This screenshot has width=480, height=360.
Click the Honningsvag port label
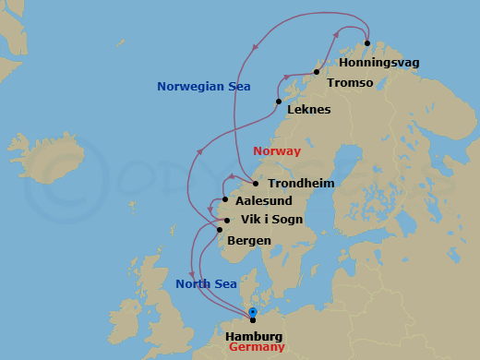click(x=378, y=62)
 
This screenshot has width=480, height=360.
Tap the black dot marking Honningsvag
click(x=366, y=42)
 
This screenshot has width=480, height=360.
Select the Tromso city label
click(x=350, y=83)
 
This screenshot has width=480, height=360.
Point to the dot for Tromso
click(x=317, y=72)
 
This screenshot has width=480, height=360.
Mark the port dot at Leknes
click(x=279, y=102)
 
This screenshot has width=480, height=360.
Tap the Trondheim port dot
click(x=256, y=184)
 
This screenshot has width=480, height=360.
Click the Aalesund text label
click(x=265, y=200)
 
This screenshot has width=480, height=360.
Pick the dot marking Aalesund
click(x=224, y=198)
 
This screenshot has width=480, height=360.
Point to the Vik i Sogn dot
click(x=227, y=221)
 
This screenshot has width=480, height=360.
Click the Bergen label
click(x=248, y=241)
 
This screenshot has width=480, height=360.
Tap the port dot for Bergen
click(x=219, y=231)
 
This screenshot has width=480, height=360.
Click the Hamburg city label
click(x=253, y=337)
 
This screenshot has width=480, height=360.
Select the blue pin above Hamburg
click(x=252, y=313)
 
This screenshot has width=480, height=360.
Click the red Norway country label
click(x=276, y=150)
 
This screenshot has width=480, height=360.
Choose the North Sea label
click(x=205, y=284)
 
